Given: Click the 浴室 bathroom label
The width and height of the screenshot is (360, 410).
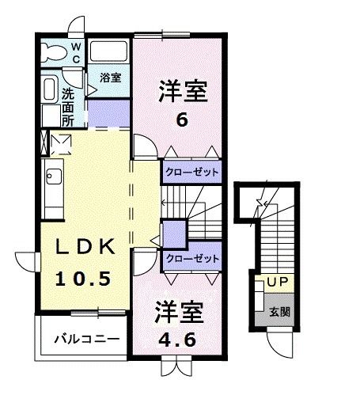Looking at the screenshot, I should click(x=111, y=78).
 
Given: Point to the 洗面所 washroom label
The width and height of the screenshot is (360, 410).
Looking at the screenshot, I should click(x=68, y=107).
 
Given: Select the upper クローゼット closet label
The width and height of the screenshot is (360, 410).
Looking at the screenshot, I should click(x=191, y=171).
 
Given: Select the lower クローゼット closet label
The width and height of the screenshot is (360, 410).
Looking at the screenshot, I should click(x=191, y=257).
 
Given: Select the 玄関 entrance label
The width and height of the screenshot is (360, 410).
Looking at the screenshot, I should click(x=279, y=312).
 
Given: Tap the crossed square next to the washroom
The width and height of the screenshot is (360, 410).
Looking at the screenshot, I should click(x=61, y=144).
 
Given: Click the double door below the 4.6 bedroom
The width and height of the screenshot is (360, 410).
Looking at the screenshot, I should click(x=175, y=366).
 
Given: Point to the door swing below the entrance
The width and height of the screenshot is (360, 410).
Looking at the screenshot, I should click(x=280, y=343).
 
